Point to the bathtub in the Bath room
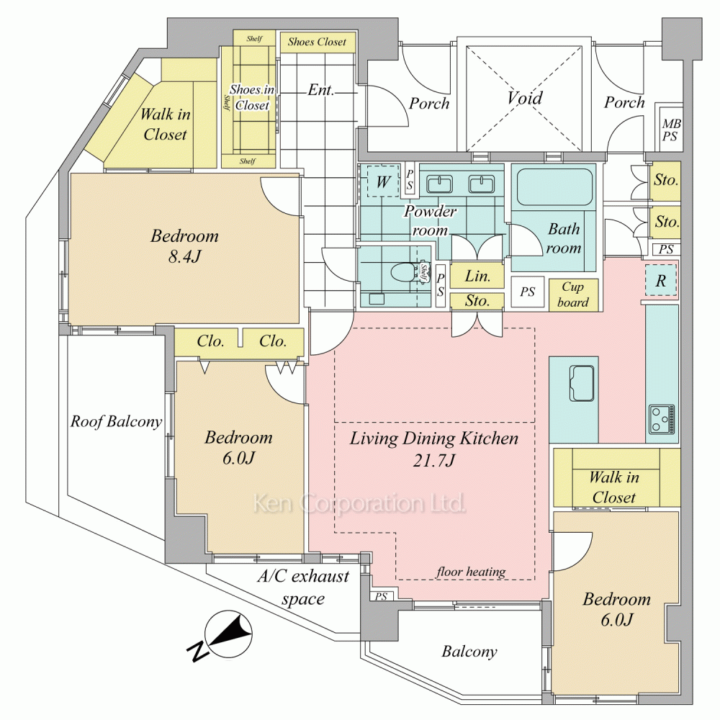pyautogui.click(x=553, y=188)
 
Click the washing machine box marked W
pyautogui.click(x=382, y=182)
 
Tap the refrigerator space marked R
pyautogui.click(x=661, y=280)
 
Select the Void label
pyautogui.click(x=524, y=99)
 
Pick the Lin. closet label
pyautogui.click(x=477, y=276)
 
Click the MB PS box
pyautogui.click(x=670, y=130)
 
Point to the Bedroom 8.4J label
pyautogui.click(x=184, y=246)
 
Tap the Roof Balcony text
pyautogui.click(x=116, y=422)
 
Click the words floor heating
pyautogui.click(x=471, y=572)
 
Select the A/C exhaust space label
pyautogui.click(x=302, y=588)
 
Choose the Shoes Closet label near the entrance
pyautogui.click(x=317, y=42)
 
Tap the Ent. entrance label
pyautogui.click(x=320, y=90)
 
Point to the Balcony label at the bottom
pyautogui.click(x=469, y=652)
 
